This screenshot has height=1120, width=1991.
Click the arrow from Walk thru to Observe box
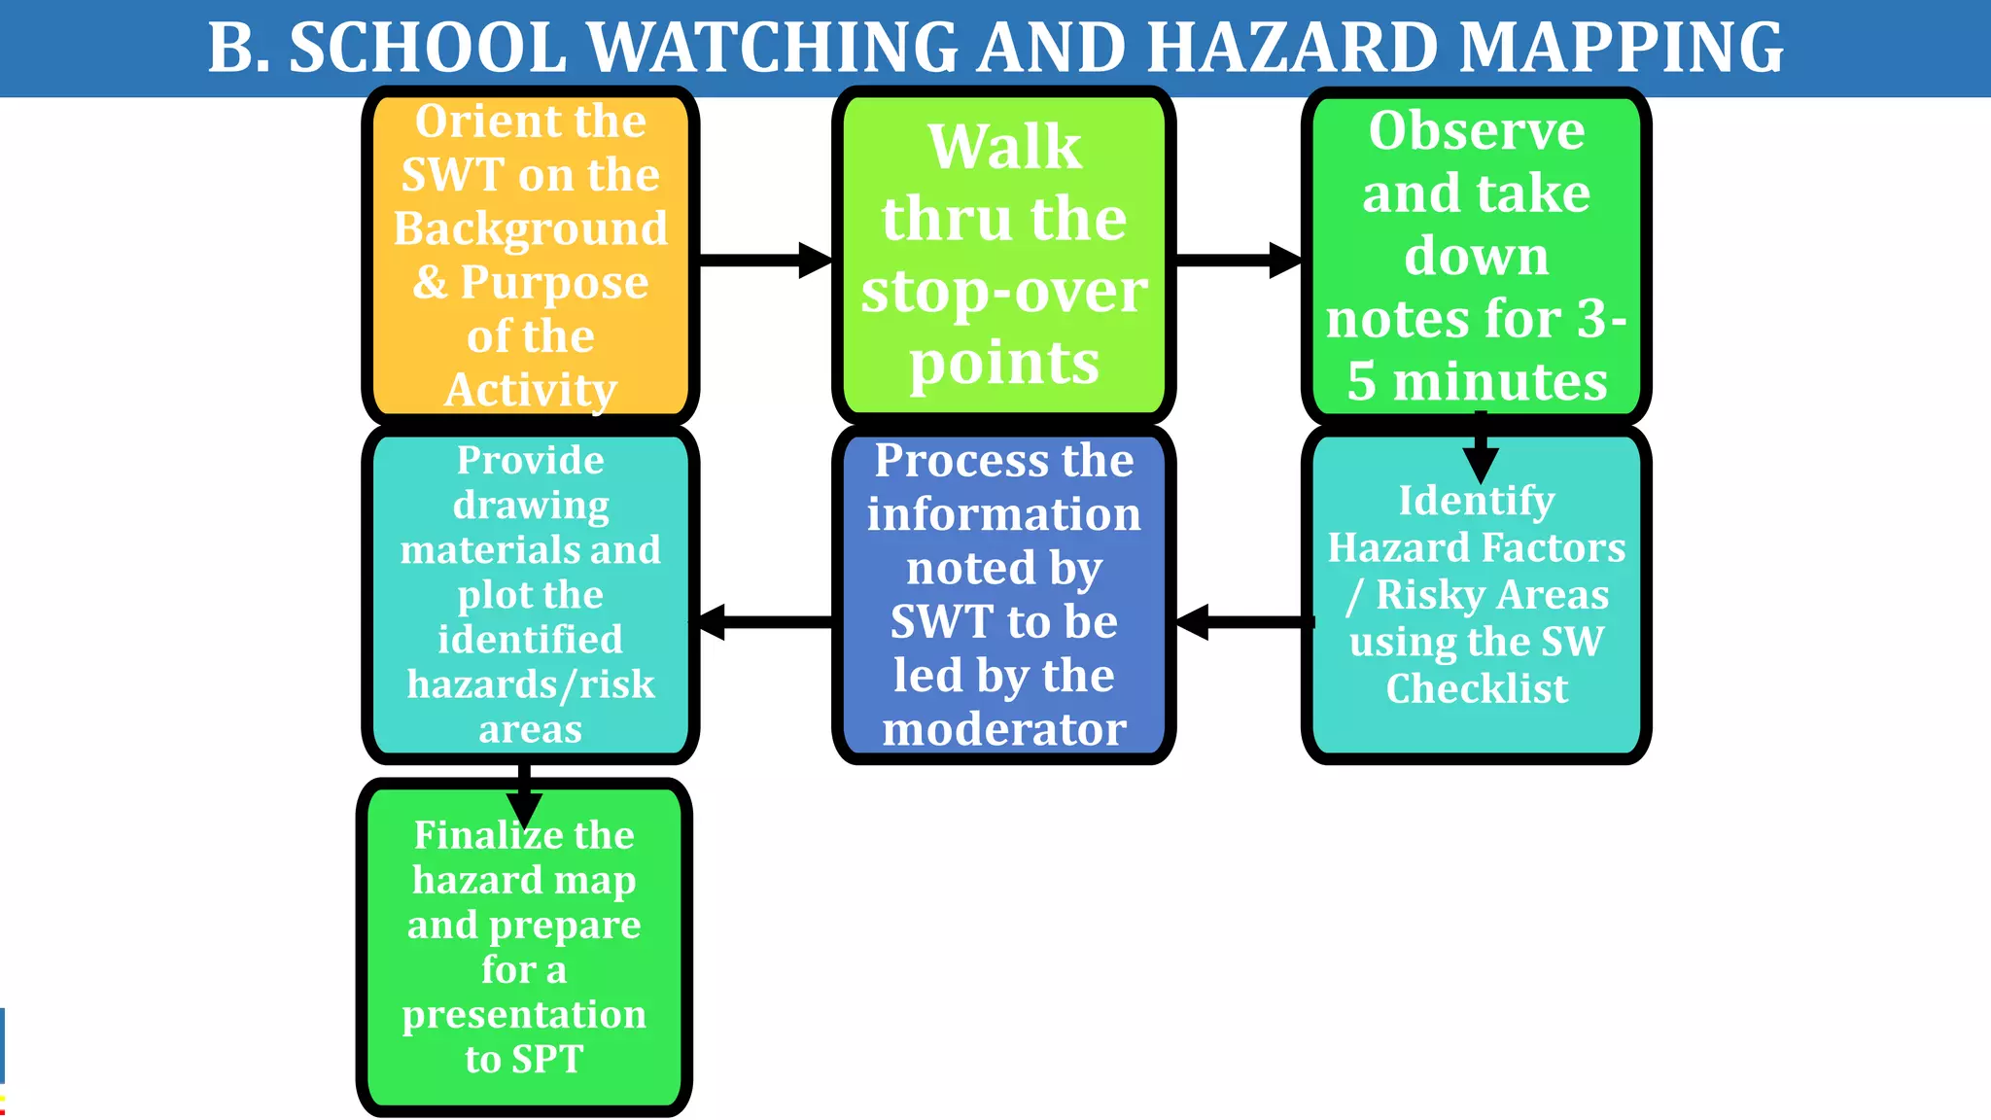[1238, 260]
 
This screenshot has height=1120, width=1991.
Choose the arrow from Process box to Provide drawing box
[765, 621]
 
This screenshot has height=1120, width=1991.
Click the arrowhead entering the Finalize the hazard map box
[524, 806]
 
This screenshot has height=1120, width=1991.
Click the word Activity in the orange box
[531, 390]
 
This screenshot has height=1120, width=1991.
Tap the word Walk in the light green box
[1004, 147]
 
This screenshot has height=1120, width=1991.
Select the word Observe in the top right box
[1477, 130]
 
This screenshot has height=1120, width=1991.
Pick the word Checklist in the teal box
[1477, 688]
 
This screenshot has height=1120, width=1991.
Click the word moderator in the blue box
[1004, 729]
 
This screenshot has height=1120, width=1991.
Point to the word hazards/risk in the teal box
[531, 684]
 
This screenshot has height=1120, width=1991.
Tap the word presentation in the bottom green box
[524, 1014]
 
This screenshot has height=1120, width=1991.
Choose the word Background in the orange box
[531, 228]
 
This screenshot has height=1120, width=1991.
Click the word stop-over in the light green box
[1004, 291]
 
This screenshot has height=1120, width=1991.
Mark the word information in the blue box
[1004, 513]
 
